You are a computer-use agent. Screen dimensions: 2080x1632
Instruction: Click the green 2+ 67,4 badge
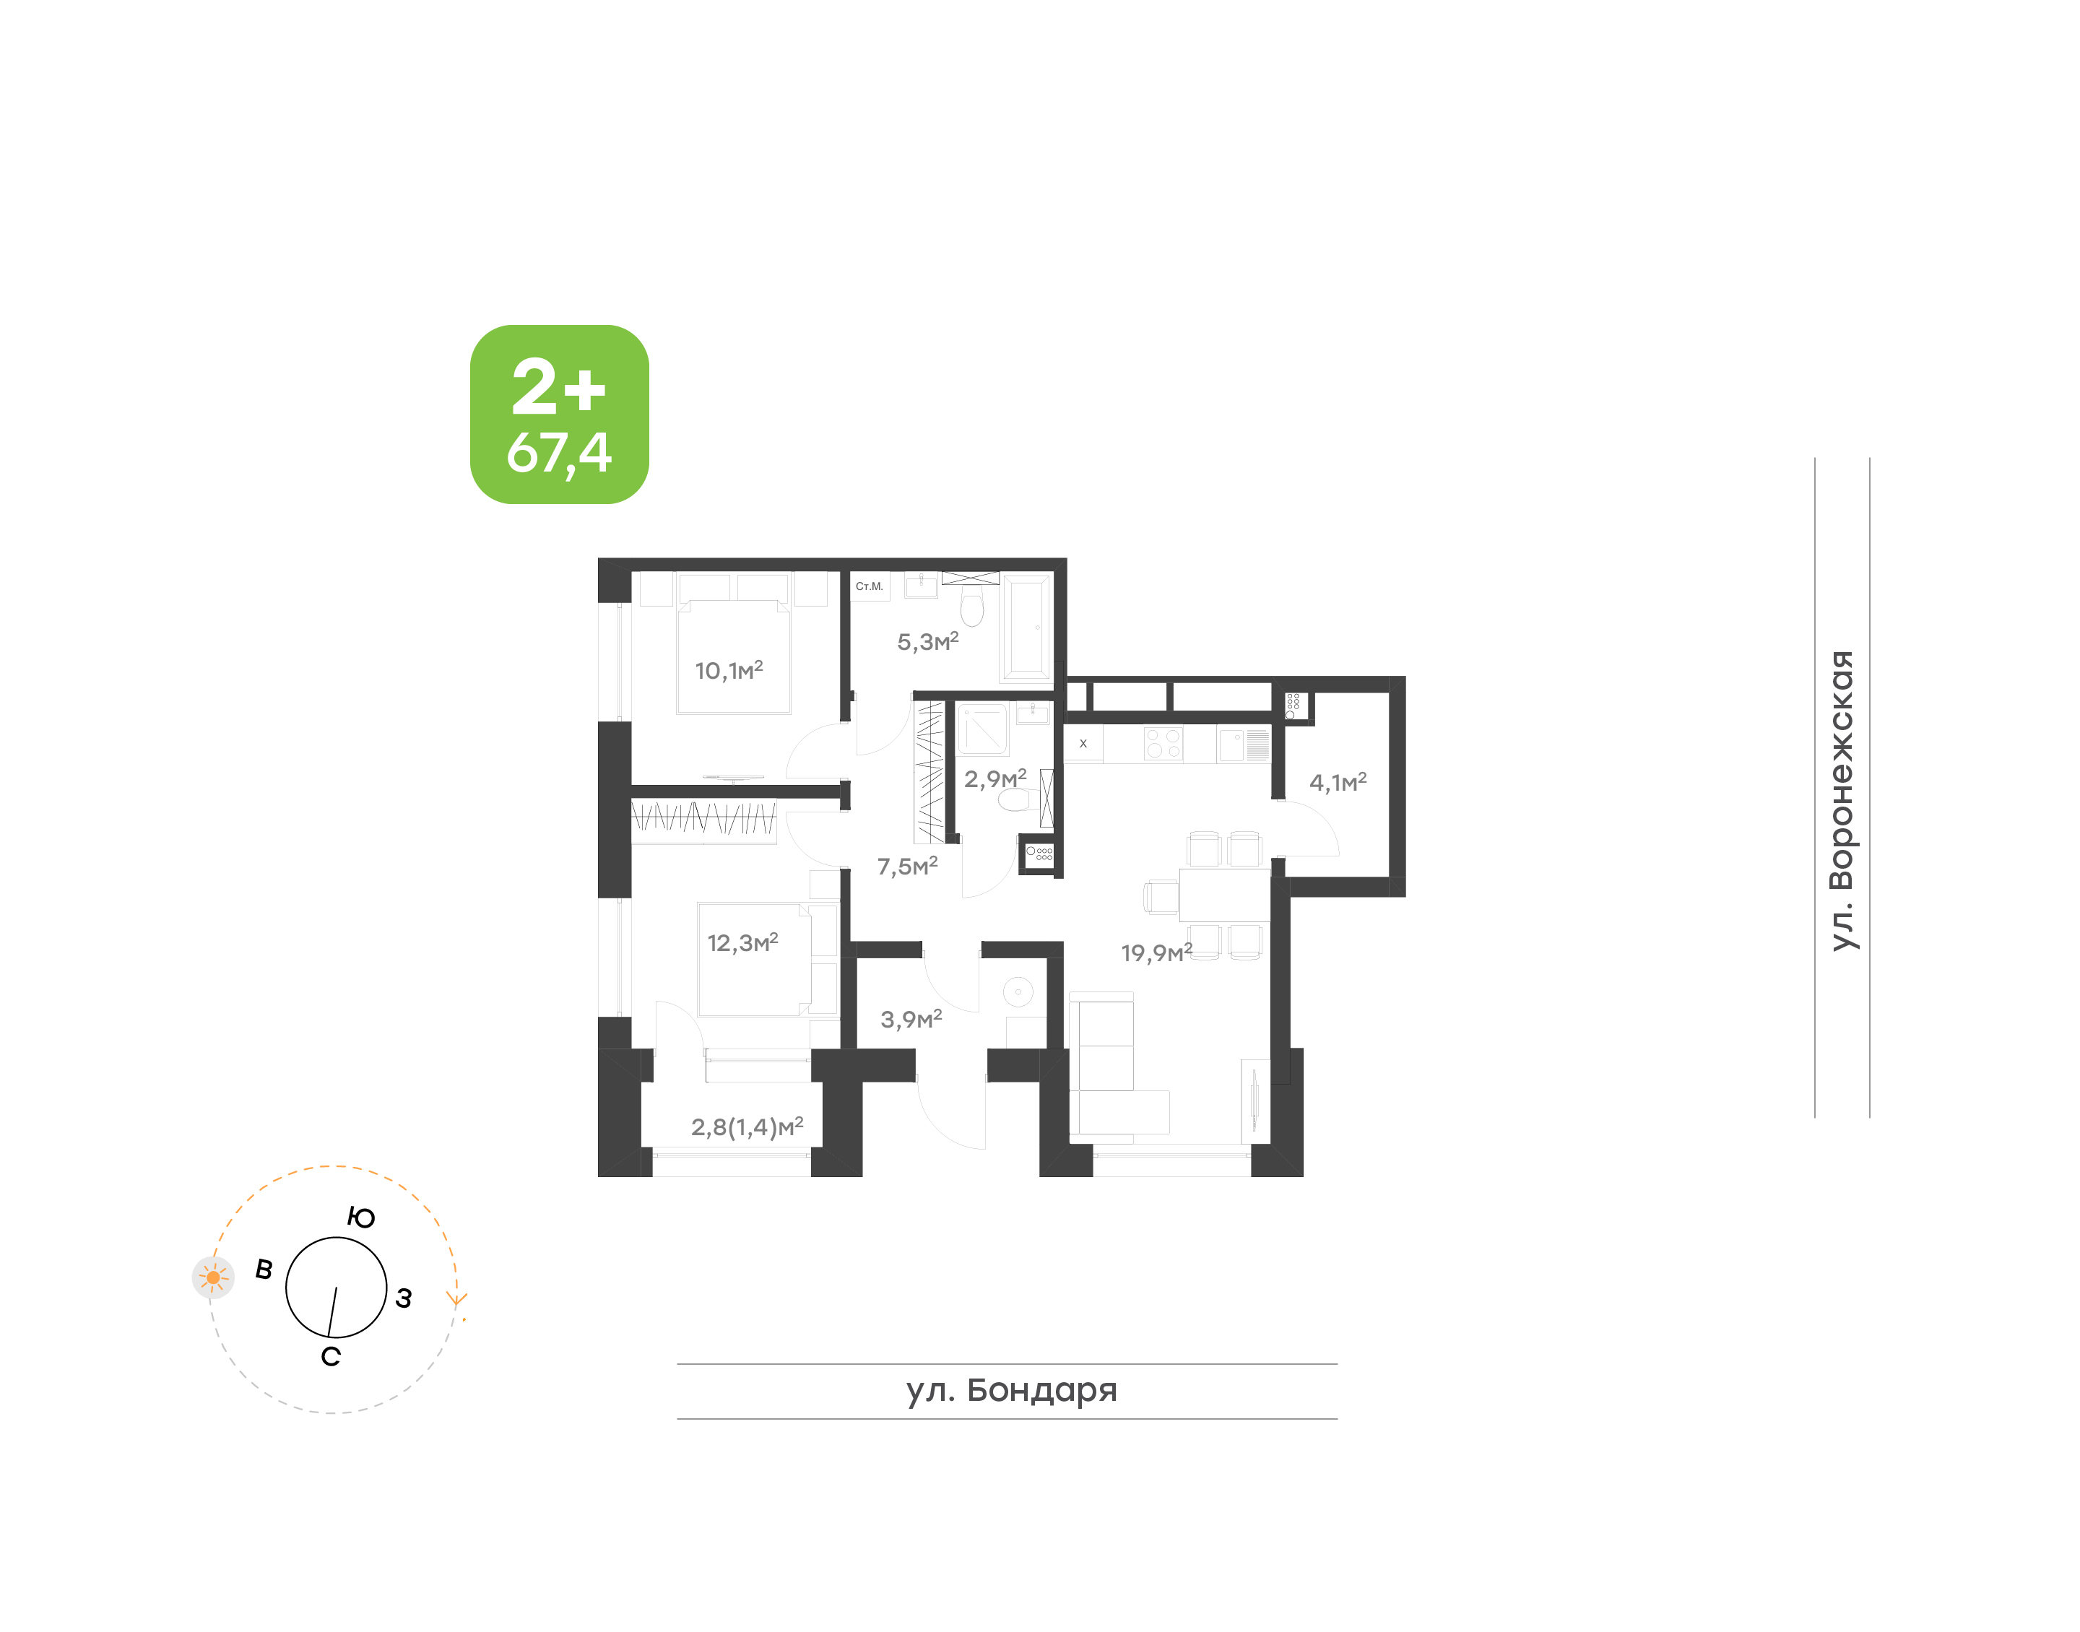coord(559,414)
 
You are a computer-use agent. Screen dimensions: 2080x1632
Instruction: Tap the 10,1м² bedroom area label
coord(729,670)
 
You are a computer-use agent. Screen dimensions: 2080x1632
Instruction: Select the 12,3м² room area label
coord(742,942)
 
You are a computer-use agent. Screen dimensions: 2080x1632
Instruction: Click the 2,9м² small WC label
coord(995,778)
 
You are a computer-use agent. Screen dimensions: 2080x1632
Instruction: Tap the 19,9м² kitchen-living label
coord(1157,952)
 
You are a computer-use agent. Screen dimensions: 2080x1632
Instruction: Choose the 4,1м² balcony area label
coord(1338,781)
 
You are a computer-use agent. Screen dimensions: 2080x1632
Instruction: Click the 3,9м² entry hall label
coord(911,1019)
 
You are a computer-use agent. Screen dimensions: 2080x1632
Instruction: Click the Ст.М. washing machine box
coord(870,586)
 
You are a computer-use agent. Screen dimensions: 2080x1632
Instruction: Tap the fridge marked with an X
coord(1083,743)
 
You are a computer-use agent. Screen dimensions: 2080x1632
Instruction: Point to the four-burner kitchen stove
coord(1163,743)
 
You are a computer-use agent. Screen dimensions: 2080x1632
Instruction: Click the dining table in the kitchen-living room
coord(1225,895)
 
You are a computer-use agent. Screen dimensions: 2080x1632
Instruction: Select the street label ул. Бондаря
coord(1012,1390)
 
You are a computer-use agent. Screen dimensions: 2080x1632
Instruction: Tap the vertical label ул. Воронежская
coord(1841,801)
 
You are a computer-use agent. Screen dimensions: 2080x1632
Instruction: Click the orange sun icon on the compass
coord(213,1277)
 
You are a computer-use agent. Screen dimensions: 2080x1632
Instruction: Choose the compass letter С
coord(331,1357)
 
